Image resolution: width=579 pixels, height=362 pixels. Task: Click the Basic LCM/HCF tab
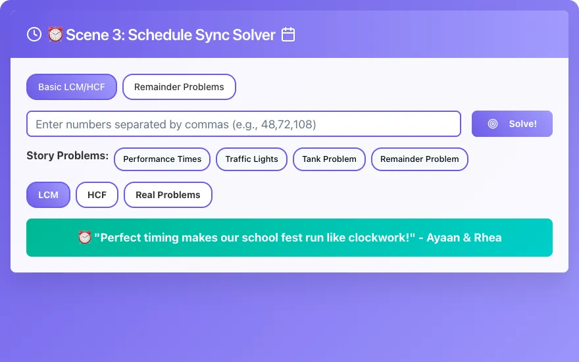pyautogui.click(x=72, y=87)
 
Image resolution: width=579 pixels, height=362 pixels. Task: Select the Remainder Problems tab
pyautogui.click(x=179, y=87)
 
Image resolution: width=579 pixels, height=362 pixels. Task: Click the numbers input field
pyautogui.click(x=243, y=124)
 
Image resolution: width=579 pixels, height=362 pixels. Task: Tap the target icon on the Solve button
pyautogui.click(x=493, y=124)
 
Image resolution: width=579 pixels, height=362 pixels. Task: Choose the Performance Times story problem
pyautogui.click(x=162, y=159)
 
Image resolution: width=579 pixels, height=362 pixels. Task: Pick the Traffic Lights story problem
pyautogui.click(x=251, y=159)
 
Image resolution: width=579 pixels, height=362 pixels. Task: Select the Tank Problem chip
pyautogui.click(x=329, y=159)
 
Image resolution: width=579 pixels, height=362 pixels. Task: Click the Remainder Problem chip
pyautogui.click(x=420, y=159)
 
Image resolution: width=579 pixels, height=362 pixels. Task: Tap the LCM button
pyautogui.click(x=49, y=195)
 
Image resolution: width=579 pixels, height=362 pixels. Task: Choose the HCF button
pyautogui.click(x=97, y=195)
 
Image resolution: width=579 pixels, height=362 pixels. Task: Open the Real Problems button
pyautogui.click(x=168, y=195)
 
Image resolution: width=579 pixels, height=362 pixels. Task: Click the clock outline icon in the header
pyautogui.click(x=34, y=34)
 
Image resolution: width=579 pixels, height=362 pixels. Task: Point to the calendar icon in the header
pyautogui.click(x=288, y=34)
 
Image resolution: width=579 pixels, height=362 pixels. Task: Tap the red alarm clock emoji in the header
pyautogui.click(x=55, y=34)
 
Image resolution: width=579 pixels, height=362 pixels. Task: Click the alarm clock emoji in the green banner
pyautogui.click(x=85, y=237)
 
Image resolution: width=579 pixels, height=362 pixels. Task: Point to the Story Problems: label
pyautogui.click(x=68, y=155)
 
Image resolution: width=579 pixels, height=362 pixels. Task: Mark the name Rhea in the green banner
pyautogui.click(x=488, y=238)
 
